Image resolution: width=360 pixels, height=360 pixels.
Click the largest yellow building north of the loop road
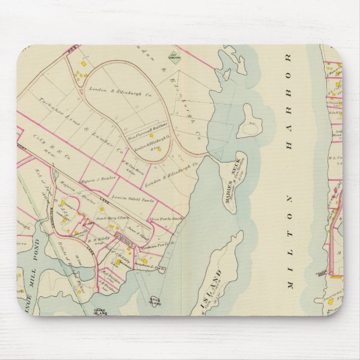(x=83, y=64)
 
